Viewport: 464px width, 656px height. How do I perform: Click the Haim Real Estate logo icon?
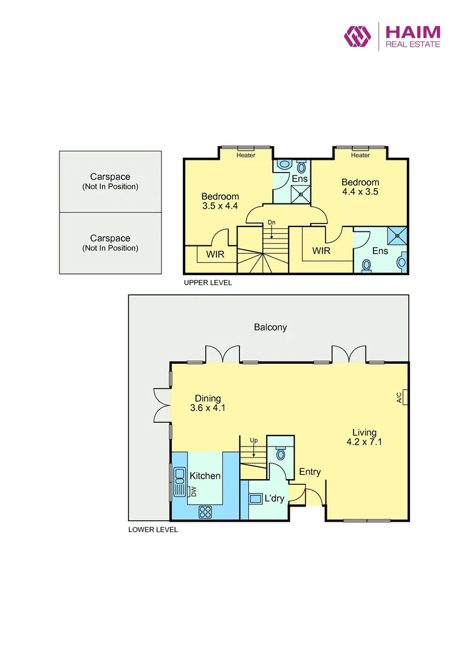click(x=358, y=36)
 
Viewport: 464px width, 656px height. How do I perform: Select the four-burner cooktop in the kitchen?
click(x=205, y=511)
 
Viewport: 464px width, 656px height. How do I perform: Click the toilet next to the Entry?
click(x=281, y=453)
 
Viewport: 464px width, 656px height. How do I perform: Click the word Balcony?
click(x=270, y=327)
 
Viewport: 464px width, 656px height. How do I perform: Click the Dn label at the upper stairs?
click(x=271, y=222)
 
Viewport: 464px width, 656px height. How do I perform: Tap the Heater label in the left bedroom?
click(x=246, y=155)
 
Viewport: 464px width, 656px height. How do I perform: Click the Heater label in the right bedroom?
click(x=360, y=155)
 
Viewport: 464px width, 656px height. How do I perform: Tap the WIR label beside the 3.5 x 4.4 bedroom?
click(x=216, y=255)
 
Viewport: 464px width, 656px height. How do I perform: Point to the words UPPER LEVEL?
click(x=208, y=283)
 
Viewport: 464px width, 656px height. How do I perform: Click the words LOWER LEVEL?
click(x=153, y=530)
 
